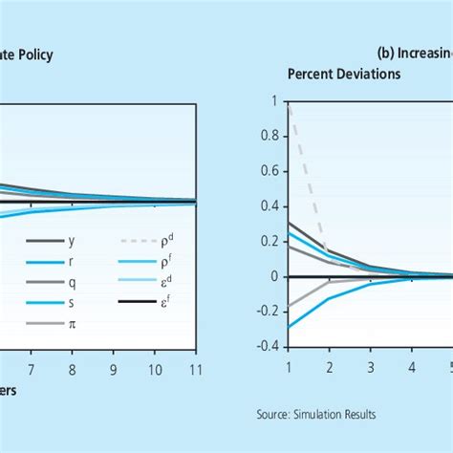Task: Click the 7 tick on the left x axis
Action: click(x=30, y=367)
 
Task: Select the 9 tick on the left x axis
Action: click(x=114, y=367)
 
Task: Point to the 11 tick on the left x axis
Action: click(x=196, y=367)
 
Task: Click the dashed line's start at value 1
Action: click(x=288, y=102)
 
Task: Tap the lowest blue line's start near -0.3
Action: click(x=288, y=327)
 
